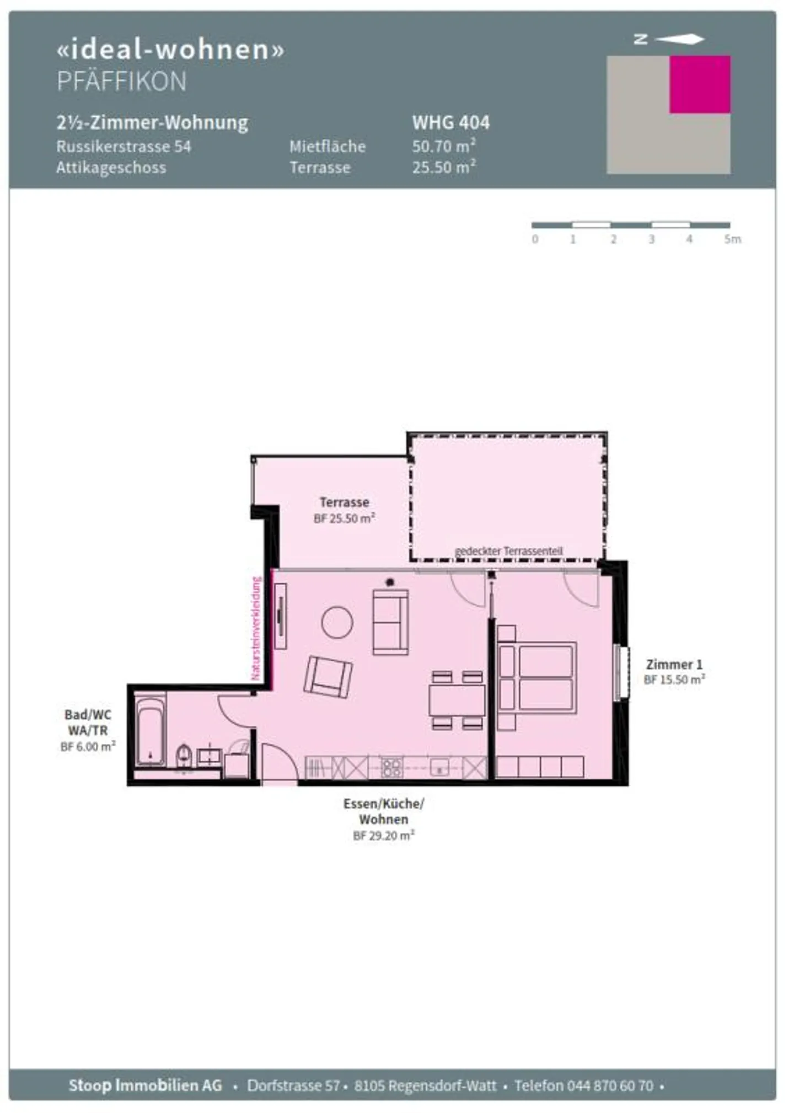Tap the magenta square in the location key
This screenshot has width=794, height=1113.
click(700, 84)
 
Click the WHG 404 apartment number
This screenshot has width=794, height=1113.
click(450, 122)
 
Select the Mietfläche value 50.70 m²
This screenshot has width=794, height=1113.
click(444, 146)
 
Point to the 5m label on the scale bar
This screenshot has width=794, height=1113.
click(732, 239)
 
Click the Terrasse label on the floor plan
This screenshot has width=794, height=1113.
click(344, 502)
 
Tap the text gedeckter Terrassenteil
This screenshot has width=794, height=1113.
click(508, 551)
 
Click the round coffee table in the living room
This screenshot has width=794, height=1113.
click(337, 622)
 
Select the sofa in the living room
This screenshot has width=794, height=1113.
click(390, 622)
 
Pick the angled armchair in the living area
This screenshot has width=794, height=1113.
click(328, 677)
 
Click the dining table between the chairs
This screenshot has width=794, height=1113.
click(457, 700)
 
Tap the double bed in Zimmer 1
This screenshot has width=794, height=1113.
click(538, 677)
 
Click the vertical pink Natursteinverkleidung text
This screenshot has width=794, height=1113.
click(256, 628)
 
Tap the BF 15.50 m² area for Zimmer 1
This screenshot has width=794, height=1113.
click(674, 680)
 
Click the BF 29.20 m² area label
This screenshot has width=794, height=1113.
click(383, 836)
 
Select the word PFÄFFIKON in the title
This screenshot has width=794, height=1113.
click(122, 82)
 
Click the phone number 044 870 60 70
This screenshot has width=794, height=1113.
click(610, 1086)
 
